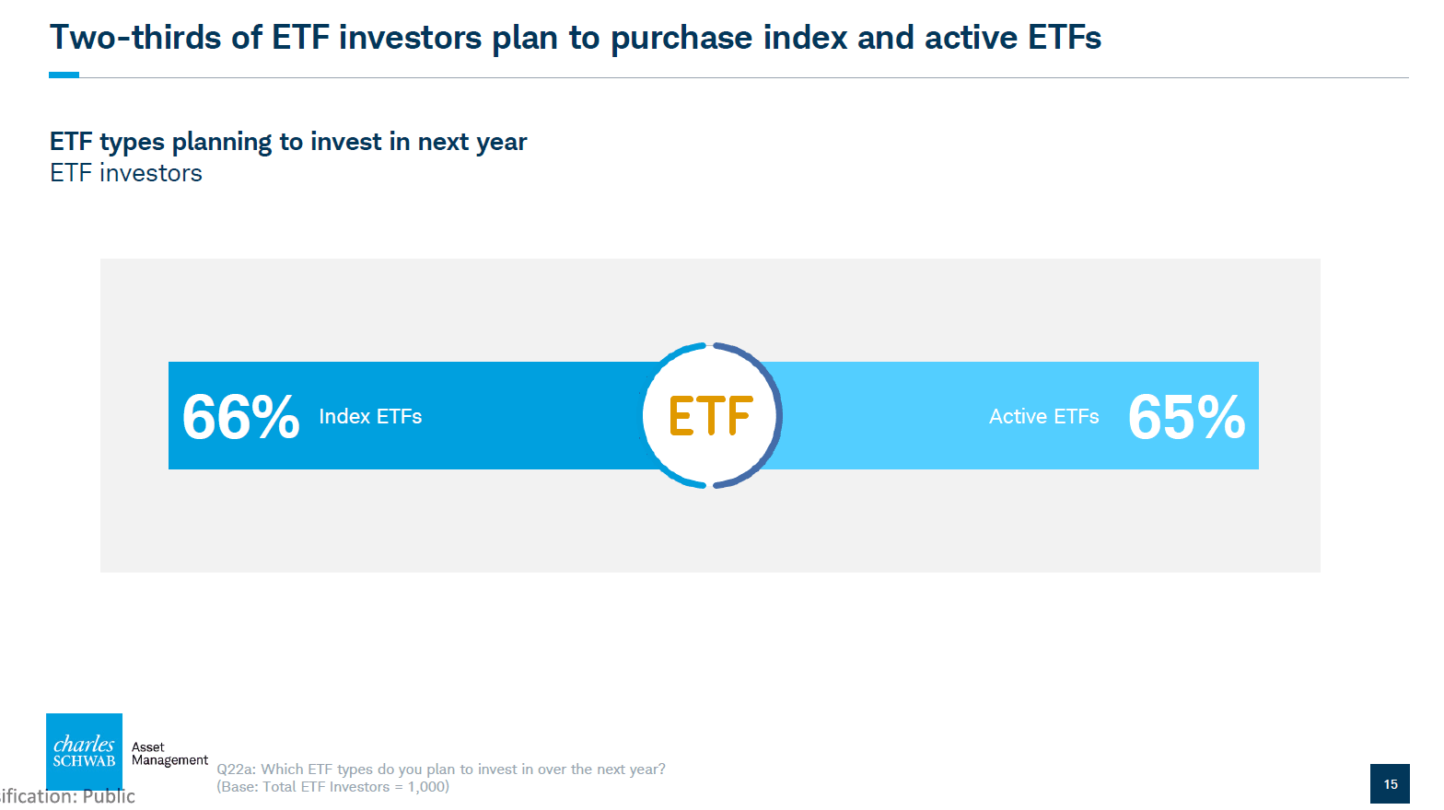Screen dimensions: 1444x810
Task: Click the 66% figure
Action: (241, 417)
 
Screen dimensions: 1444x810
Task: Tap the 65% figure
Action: (1186, 417)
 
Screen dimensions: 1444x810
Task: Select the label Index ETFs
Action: (370, 416)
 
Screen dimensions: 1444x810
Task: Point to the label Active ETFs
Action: (1043, 416)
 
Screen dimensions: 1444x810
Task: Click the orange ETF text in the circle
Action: (711, 416)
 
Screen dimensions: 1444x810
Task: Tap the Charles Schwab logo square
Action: (84, 751)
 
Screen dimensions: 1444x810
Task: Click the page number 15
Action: (1391, 783)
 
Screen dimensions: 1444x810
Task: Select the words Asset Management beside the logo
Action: (169, 754)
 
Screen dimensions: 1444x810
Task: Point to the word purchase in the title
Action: (681, 39)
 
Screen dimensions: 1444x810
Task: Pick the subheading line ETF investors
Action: (125, 173)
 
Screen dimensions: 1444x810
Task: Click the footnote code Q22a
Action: (236, 769)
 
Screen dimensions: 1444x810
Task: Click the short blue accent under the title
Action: (64, 75)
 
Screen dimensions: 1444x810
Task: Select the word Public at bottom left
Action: (109, 796)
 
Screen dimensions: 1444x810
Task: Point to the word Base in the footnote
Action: (239, 787)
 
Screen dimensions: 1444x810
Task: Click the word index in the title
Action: (805, 38)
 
